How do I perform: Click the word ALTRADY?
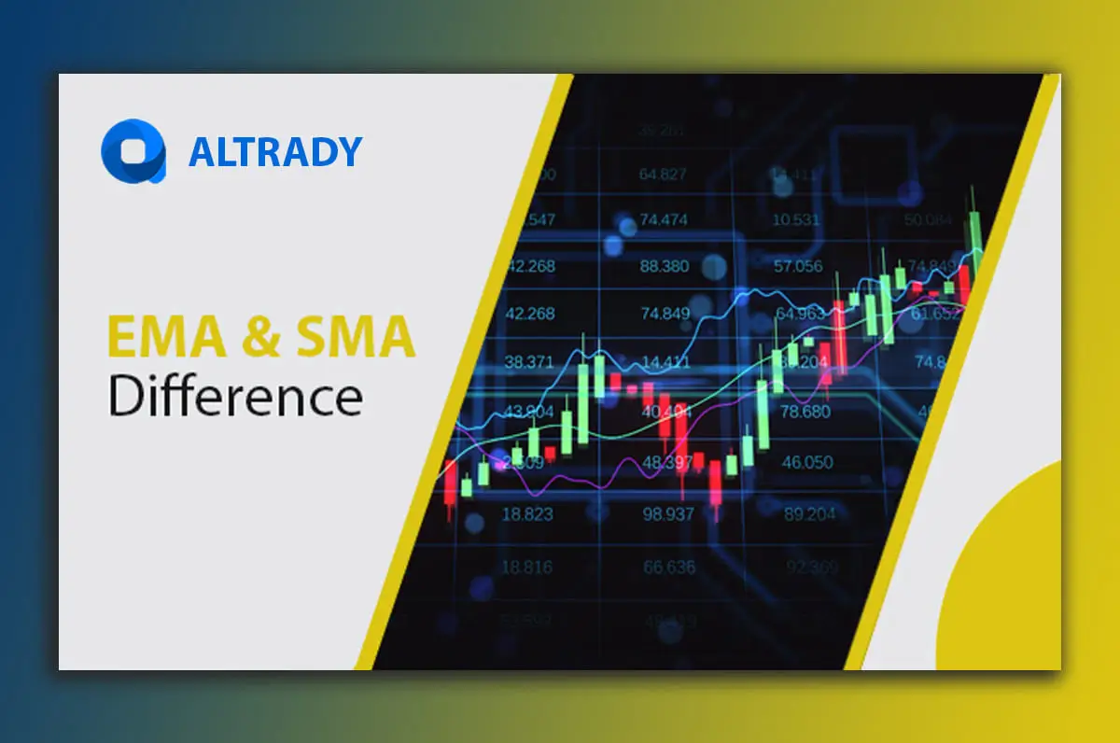point(274,152)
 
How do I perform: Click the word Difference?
point(235,396)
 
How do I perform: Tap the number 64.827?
point(663,175)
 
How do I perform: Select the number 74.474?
point(663,220)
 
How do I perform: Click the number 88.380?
point(663,266)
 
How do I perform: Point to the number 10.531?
point(797,220)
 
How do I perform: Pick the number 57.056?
point(799,266)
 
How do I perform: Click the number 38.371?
point(528,360)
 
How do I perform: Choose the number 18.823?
point(527,513)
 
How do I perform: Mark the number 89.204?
point(809,513)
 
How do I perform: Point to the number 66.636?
point(668,567)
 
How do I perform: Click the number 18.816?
point(527,567)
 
